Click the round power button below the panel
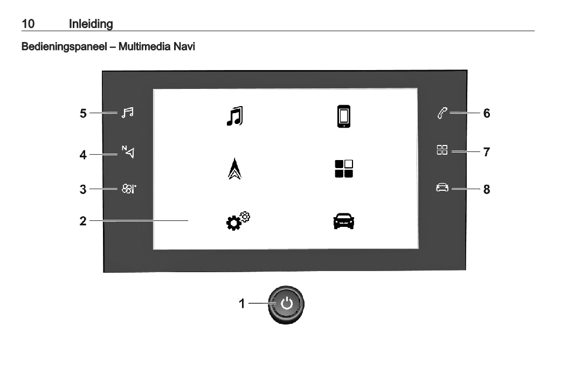pyautogui.click(x=286, y=304)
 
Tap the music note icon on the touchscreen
pyautogui.click(x=234, y=116)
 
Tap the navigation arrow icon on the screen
pyautogui.click(x=235, y=169)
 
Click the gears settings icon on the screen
pyautogui.click(x=238, y=221)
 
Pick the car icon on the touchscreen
pyautogui.click(x=344, y=221)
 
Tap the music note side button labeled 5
pyautogui.click(x=127, y=113)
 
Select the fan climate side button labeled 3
pyautogui.click(x=128, y=189)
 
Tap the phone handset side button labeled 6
pyautogui.click(x=442, y=113)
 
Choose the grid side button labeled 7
pyautogui.click(x=442, y=151)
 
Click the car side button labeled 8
pyautogui.click(x=442, y=189)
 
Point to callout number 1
pyautogui.click(x=242, y=304)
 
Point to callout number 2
pyautogui.click(x=83, y=220)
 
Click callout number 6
pyautogui.click(x=487, y=113)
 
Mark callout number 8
pyautogui.click(x=487, y=189)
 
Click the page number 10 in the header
pyautogui.click(x=28, y=24)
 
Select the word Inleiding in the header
pyautogui.click(x=91, y=24)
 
